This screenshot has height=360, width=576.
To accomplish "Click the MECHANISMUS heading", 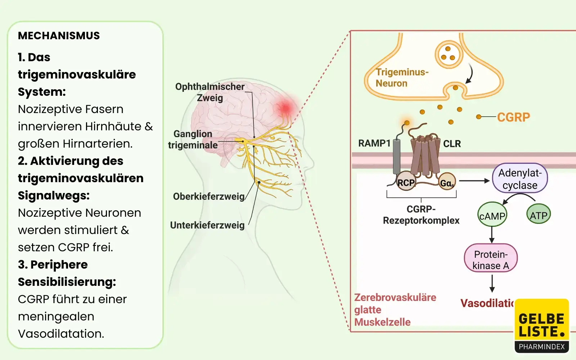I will (x=59, y=36).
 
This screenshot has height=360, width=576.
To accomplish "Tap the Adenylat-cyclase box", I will (x=520, y=179).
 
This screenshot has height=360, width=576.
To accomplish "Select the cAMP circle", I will (x=492, y=216).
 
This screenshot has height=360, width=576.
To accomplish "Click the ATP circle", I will (x=539, y=215).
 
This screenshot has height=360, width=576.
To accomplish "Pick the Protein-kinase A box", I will (x=491, y=260).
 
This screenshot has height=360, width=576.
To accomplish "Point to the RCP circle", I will (x=406, y=182).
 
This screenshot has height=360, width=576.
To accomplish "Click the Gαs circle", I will (x=447, y=183).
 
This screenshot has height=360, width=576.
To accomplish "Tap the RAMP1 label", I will (x=374, y=143).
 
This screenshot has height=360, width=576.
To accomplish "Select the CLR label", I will (x=452, y=144).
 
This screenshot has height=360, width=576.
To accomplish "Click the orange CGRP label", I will (x=513, y=117).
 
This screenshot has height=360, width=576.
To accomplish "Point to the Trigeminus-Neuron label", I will (x=401, y=78).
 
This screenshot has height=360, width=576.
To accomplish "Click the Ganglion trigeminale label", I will (x=193, y=139).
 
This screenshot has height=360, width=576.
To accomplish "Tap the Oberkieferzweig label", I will (x=208, y=197).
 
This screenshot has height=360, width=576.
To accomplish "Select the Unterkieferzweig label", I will (x=207, y=225).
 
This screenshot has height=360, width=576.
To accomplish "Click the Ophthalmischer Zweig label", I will (x=210, y=92).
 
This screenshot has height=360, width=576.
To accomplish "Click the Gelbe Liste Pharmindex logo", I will (x=542, y=326).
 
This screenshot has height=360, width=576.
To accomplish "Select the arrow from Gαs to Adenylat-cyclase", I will (x=474, y=181).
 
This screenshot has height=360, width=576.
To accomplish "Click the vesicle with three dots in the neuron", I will (x=448, y=54).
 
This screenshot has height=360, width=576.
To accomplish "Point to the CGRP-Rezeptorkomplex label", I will (x=421, y=215).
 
